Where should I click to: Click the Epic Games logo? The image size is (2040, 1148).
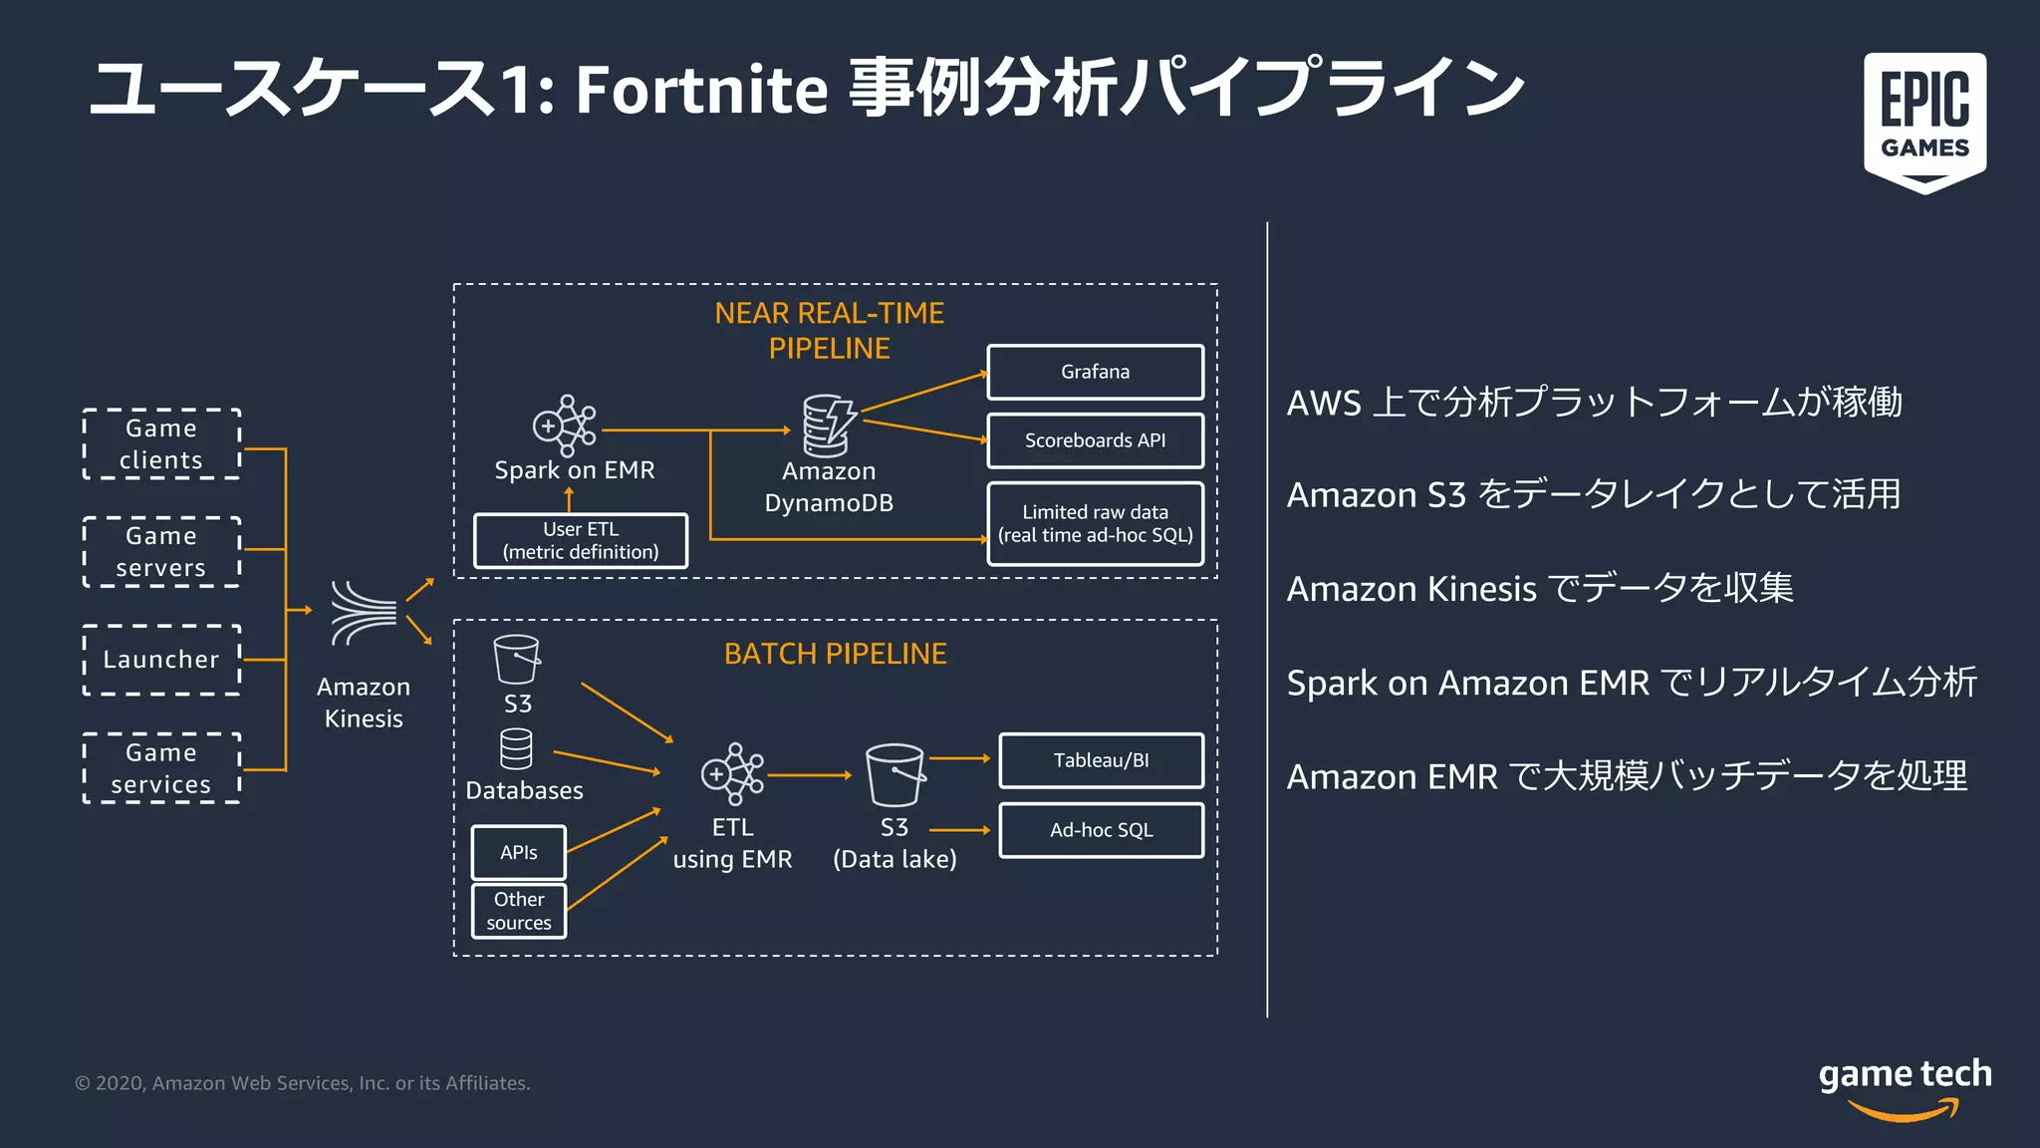click(1924, 122)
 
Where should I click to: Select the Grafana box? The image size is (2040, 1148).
click(1095, 372)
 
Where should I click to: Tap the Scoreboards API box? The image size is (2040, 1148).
click(1095, 440)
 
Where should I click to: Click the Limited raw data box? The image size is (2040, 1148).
click(1095, 523)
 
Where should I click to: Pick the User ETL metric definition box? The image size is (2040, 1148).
click(581, 541)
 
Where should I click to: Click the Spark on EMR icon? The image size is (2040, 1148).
click(564, 426)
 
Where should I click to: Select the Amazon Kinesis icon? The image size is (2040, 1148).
click(364, 612)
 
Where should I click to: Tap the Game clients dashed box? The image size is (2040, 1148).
click(161, 444)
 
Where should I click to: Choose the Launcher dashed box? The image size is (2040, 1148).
click(161, 660)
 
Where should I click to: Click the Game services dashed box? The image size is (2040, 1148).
click(161, 768)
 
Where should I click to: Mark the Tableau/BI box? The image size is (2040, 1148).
click(1101, 760)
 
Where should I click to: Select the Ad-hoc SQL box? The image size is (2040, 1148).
click(1101, 830)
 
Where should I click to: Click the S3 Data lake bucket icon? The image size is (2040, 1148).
click(895, 774)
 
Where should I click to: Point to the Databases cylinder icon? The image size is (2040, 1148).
click(516, 749)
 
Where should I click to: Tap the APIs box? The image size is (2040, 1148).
click(518, 852)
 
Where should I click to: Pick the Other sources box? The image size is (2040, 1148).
click(518, 911)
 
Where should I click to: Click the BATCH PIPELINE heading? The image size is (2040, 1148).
click(835, 654)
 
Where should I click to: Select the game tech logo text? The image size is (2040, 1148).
click(1905, 1074)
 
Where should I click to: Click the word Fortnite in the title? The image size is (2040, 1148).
click(701, 90)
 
